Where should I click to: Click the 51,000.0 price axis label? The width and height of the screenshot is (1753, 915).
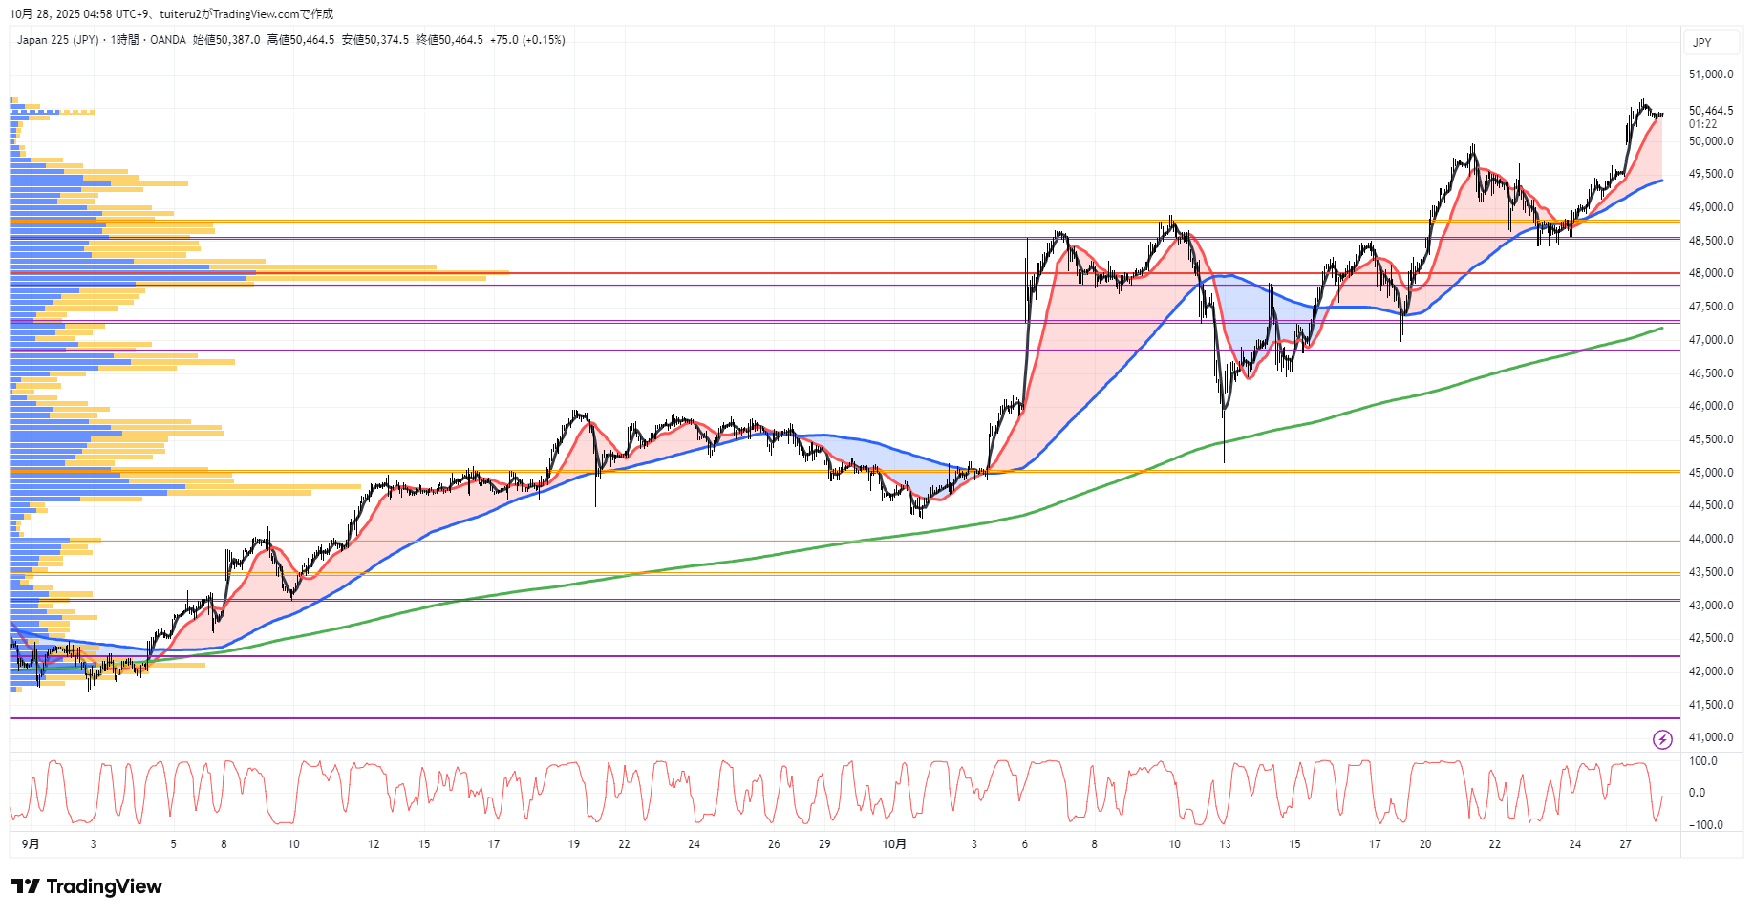tap(1710, 74)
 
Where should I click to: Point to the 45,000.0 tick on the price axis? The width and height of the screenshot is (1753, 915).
tap(1710, 473)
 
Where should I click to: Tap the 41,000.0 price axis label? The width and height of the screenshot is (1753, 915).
tap(1710, 737)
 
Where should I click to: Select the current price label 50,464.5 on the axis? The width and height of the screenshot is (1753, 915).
tap(1710, 111)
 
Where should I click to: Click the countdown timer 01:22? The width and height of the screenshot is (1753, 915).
tap(1702, 124)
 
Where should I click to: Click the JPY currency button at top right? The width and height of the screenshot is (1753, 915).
tap(1702, 43)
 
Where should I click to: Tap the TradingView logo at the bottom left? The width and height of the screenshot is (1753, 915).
tap(87, 886)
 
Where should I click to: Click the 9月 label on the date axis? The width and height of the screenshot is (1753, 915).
tap(31, 844)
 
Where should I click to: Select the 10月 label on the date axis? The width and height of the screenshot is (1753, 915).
tap(894, 844)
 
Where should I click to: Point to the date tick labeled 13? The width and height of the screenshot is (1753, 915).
tap(1225, 844)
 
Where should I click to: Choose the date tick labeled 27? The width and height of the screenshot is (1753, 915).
tap(1625, 844)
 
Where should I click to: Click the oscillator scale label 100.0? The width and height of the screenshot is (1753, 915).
tap(1703, 761)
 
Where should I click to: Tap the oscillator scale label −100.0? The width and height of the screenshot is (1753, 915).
tap(1706, 825)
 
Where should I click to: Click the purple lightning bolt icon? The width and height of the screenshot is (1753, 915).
tap(1662, 739)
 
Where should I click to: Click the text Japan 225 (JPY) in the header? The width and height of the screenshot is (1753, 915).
tap(57, 40)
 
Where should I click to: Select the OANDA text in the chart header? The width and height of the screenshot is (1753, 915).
tap(168, 40)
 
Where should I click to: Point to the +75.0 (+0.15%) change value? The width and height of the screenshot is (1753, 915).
tap(527, 40)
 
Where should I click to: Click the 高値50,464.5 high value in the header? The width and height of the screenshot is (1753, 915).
tap(301, 40)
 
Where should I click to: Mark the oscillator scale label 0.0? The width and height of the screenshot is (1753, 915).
tap(1697, 793)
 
